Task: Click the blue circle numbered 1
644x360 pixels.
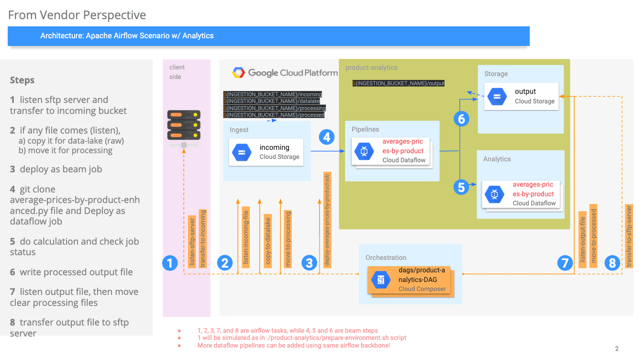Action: click(170, 262)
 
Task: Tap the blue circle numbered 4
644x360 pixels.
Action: click(327, 137)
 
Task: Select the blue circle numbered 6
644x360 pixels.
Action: click(461, 118)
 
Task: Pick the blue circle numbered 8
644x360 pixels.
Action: click(612, 262)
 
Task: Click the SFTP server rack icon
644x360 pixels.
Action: click(184, 125)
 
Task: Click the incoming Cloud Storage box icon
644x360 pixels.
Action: click(242, 152)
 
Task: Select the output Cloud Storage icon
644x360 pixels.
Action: click(497, 97)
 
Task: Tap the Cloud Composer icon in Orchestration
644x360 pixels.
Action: click(381, 280)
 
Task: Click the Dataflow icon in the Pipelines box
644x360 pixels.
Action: click(365, 151)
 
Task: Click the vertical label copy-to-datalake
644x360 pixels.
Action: click(268, 241)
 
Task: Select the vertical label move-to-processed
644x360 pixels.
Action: click(594, 236)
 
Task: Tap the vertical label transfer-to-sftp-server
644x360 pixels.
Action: click(629, 236)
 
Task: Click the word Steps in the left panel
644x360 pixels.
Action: click(22, 80)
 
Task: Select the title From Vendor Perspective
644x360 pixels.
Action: click(77, 15)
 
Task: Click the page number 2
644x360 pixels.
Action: click(617, 349)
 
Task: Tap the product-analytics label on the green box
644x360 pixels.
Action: click(371, 67)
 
